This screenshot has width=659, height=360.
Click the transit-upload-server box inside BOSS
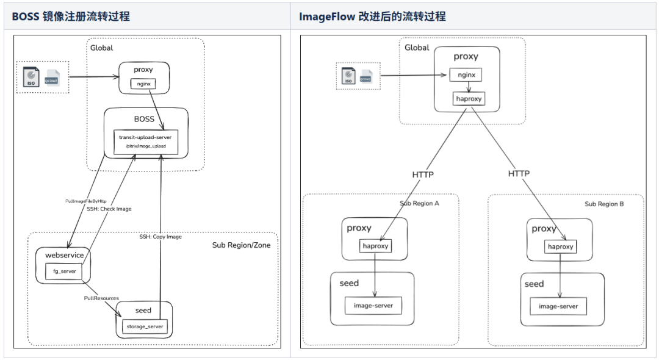click(x=145, y=141)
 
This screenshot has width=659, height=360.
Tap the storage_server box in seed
click(x=144, y=326)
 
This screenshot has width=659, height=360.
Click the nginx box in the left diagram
click(x=144, y=84)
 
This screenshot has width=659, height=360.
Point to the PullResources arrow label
click(x=101, y=298)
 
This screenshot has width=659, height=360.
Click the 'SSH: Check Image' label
click(x=109, y=209)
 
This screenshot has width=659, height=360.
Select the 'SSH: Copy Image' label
click(x=161, y=236)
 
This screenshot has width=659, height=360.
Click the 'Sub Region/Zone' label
click(x=241, y=245)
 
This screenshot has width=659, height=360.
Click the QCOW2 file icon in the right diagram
click(x=366, y=76)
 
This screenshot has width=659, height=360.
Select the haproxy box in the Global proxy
click(x=467, y=99)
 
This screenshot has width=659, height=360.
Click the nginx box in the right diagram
click(x=466, y=75)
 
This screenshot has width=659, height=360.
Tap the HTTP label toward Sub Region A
click(x=423, y=175)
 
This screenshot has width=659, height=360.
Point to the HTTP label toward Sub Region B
click(x=519, y=174)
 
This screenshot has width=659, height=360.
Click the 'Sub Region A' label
click(x=419, y=204)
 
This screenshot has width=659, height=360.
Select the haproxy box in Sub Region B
click(x=560, y=247)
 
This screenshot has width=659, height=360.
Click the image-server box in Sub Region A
click(x=373, y=305)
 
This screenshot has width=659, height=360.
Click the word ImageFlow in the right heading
click(x=323, y=16)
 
